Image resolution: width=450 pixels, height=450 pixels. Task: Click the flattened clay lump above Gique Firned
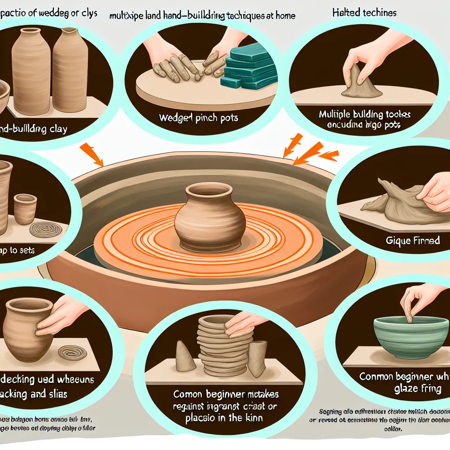click(398, 203)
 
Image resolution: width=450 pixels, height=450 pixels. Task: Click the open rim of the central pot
click(208, 190)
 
